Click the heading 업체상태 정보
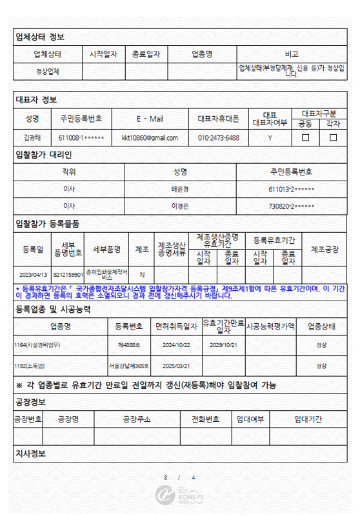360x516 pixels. [x=39, y=37]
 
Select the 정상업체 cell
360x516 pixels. [x=47, y=71]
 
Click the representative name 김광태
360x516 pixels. [x=32, y=137]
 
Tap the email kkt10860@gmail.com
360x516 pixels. [x=149, y=137]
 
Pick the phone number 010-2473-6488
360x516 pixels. [x=218, y=137]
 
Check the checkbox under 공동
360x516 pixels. [x=306, y=137]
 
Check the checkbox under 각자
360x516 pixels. [x=333, y=137]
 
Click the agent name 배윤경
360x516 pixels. [x=180, y=189]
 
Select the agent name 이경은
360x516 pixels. [x=180, y=206]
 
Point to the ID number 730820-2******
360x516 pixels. [x=291, y=206]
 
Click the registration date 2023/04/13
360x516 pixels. [x=32, y=273]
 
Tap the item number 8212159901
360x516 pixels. [x=68, y=273]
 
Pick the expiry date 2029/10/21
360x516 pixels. [x=223, y=344]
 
